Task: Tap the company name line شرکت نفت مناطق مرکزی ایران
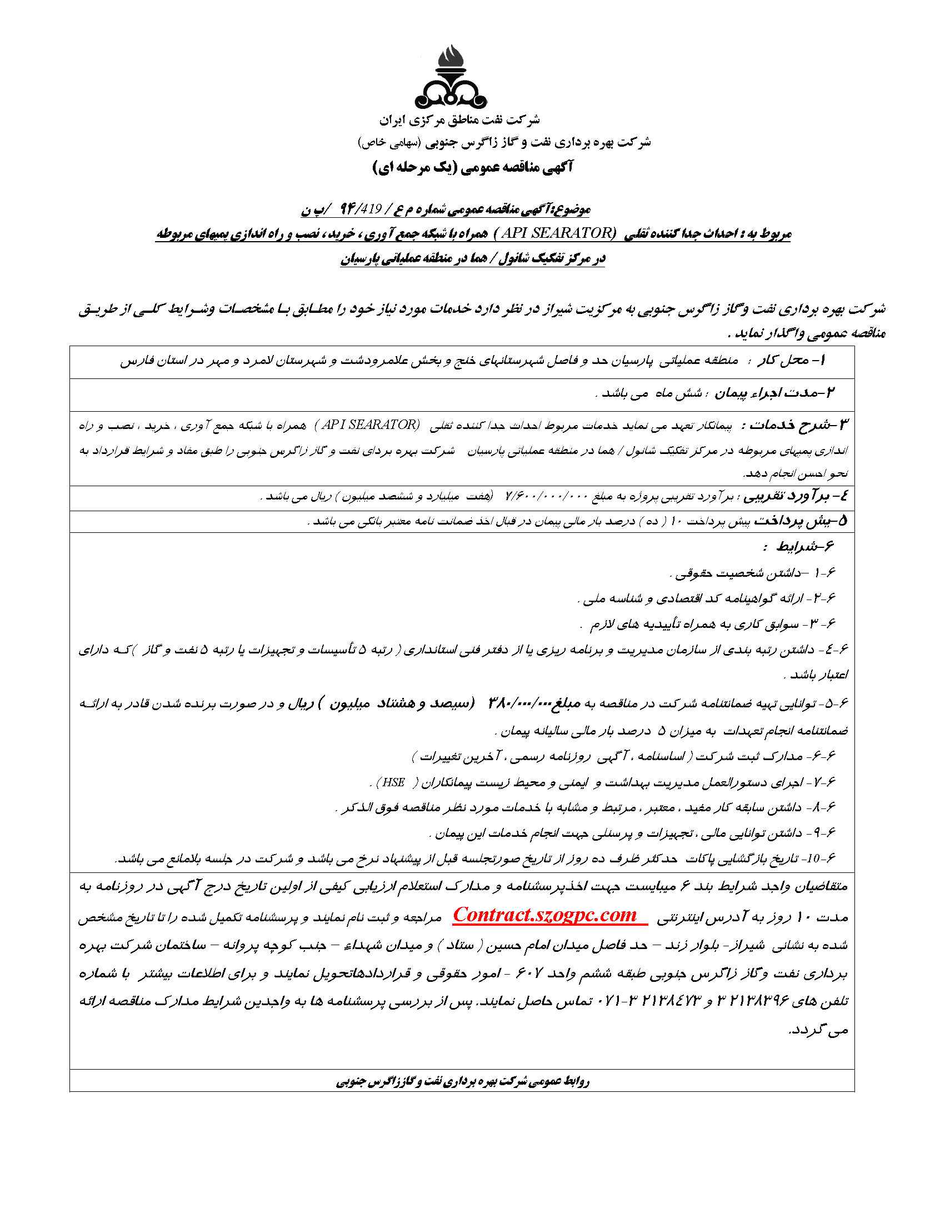tap(459, 120)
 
